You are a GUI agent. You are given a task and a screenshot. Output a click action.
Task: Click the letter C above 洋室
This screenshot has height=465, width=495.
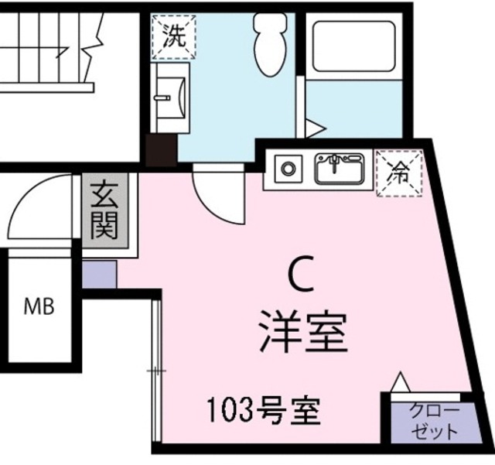[300, 274]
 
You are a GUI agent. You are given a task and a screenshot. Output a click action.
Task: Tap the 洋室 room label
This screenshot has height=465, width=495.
[301, 330]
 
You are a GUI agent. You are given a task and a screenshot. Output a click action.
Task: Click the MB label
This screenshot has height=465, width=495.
[39, 307]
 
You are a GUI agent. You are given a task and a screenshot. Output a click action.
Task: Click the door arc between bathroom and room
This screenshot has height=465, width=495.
[219, 193]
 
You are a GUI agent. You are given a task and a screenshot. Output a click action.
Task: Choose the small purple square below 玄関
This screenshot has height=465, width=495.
[99, 275]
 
